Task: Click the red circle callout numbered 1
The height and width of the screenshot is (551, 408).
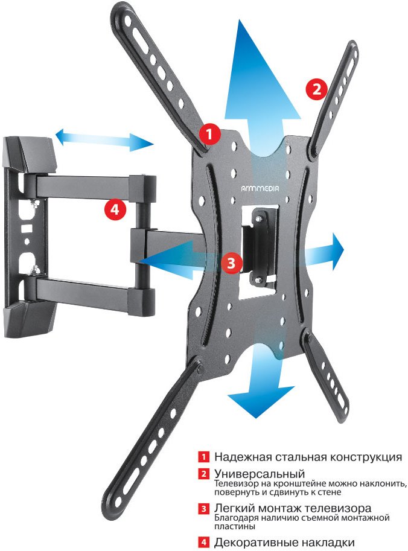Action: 209,134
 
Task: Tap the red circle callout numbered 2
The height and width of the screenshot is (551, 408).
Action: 317,89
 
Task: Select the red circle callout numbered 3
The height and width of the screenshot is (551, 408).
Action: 231,263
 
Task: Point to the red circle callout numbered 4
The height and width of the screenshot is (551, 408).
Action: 115,209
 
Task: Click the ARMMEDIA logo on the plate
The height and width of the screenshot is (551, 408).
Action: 260,189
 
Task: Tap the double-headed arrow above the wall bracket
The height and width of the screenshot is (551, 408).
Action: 104,140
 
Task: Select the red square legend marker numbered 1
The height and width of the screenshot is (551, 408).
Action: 203,457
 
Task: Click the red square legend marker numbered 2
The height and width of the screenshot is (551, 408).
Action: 203,474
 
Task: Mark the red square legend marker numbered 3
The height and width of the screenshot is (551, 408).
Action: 203,508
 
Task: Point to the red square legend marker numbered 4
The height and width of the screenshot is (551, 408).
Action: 203,542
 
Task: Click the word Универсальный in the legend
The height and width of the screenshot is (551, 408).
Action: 260,474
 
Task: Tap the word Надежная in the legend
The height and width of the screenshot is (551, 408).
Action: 243,457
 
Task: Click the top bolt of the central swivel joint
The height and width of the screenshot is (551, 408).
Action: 258,219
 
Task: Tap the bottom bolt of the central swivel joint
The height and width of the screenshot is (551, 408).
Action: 258,280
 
